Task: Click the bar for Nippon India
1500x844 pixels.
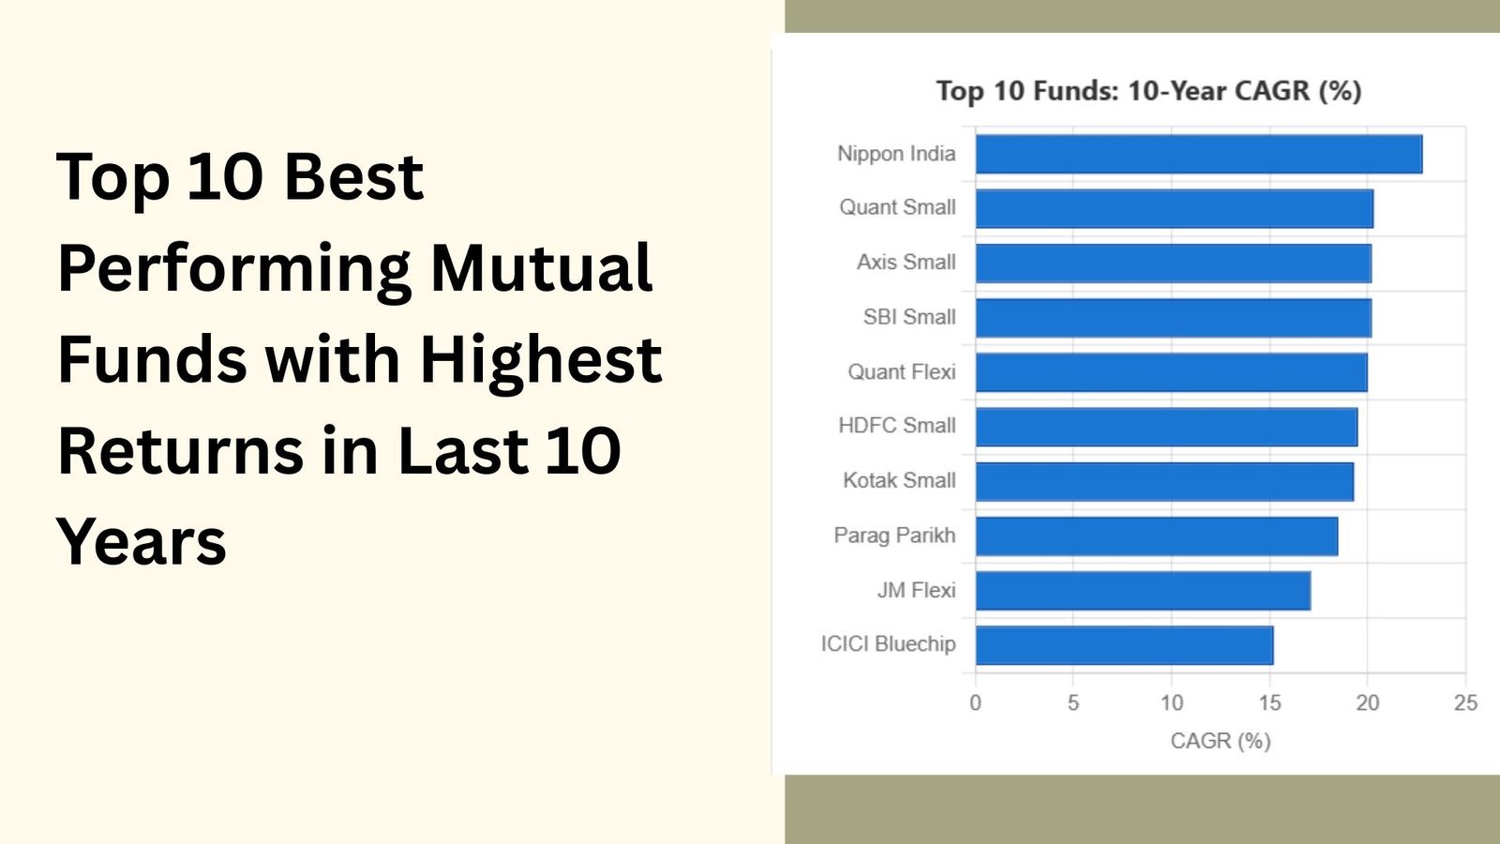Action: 1199,154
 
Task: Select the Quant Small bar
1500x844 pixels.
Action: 1175,208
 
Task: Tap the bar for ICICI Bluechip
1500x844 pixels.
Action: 1124,645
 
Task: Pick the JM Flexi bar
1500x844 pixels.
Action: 1143,591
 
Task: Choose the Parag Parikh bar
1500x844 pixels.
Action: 1157,535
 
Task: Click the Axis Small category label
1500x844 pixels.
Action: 906,262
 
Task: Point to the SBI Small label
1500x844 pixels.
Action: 909,317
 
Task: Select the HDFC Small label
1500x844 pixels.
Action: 897,426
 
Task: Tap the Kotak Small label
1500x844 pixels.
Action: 899,480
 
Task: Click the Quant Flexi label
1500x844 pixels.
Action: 901,371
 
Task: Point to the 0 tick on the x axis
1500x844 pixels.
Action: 976,702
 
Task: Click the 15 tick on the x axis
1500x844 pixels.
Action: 1269,702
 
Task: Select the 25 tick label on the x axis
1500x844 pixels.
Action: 1466,702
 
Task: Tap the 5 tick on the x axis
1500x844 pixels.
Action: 1073,702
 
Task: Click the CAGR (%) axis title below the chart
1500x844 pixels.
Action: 1221,741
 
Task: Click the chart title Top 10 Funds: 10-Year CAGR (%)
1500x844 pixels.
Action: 1149,91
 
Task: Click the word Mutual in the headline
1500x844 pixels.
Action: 541,267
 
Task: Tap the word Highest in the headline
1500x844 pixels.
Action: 541,360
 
